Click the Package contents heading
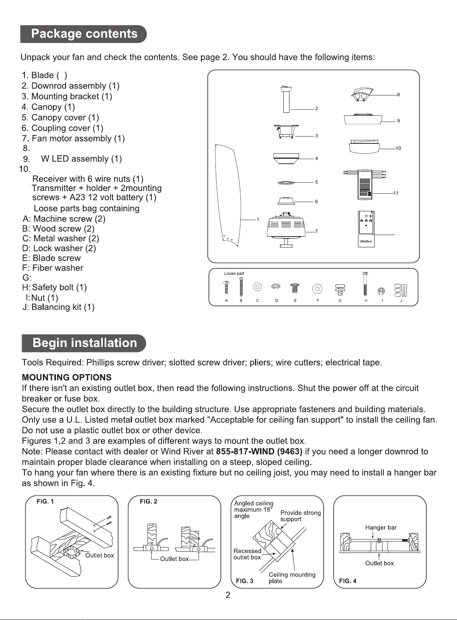tap(84, 34)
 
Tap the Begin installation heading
tap(85, 343)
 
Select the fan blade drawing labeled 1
tap(228, 195)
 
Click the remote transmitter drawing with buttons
tap(366, 229)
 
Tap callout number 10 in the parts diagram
tap(398, 149)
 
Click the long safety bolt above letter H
tap(365, 284)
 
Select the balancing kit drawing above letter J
tap(401, 290)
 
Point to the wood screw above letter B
tap(241, 286)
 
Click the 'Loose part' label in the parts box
tap(234, 273)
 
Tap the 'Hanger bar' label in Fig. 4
tap(381, 528)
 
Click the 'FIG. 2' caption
tap(148, 502)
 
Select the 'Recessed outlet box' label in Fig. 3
tap(247, 554)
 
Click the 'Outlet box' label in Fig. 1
tap(100, 556)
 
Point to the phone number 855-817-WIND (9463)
tap(259, 452)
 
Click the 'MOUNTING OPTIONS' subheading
tap(67, 378)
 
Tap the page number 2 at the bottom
tap(228, 595)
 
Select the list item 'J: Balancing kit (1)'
tap(58, 307)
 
